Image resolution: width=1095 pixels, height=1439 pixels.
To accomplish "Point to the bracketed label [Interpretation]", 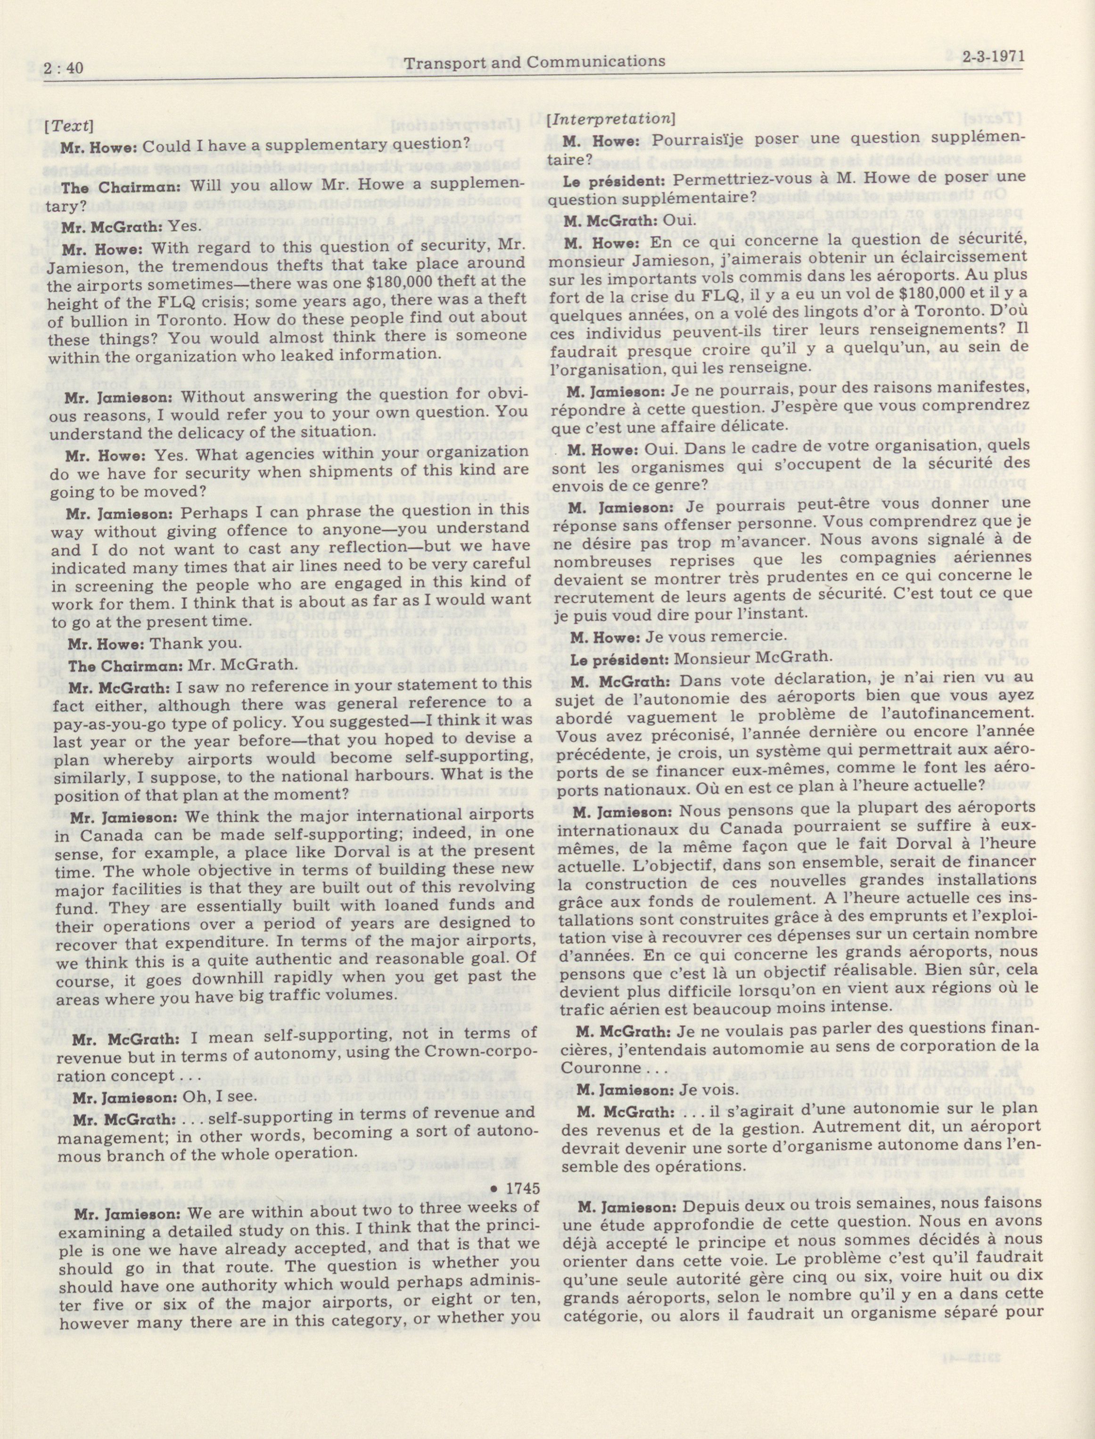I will [610, 119].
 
